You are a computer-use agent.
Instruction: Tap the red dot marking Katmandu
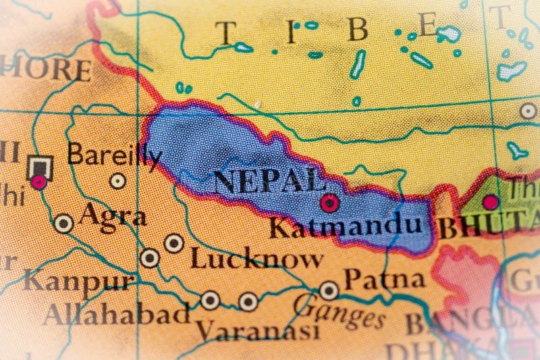click(x=329, y=202)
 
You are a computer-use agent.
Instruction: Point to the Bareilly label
click(x=114, y=156)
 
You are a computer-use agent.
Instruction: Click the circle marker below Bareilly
click(x=118, y=180)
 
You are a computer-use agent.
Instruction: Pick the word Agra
click(x=112, y=217)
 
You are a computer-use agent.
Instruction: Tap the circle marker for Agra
click(x=63, y=223)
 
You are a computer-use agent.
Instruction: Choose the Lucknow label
click(x=256, y=258)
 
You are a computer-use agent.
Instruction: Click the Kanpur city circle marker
click(x=150, y=258)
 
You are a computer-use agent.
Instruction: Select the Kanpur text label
click(x=78, y=280)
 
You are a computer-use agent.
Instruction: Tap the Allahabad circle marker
click(x=211, y=300)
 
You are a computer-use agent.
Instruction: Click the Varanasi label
click(x=256, y=330)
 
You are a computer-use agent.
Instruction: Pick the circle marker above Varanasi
click(x=248, y=301)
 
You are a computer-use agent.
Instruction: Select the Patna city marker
click(x=329, y=290)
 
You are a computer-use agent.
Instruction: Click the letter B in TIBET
click(x=357, y=30)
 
